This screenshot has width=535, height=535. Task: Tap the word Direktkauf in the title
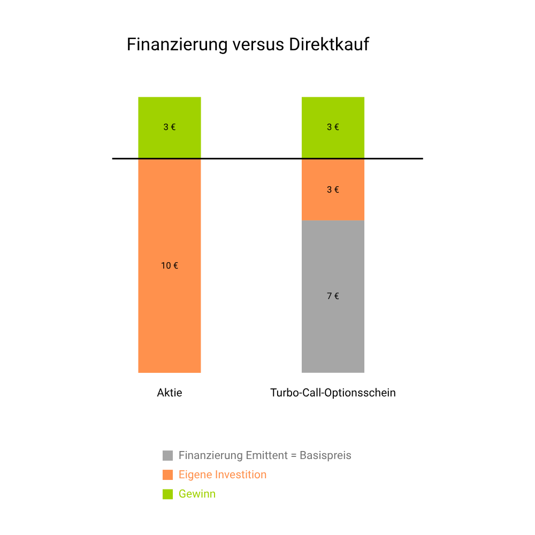[329, 44]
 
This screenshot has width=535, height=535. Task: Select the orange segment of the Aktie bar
[170, 310]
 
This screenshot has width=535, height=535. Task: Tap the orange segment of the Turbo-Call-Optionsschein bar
[333, 203]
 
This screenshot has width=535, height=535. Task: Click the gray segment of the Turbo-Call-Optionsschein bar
[333, 332]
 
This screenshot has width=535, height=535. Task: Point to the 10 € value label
[170, 265]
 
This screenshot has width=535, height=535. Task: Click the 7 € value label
[333, 296]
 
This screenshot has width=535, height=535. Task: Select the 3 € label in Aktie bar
[170, 127]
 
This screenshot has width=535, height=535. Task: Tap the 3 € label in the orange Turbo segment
[333, 189]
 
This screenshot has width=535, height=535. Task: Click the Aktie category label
[170, 393]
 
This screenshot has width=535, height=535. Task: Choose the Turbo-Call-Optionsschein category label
[333, 393]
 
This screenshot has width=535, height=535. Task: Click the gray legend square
[167, 456]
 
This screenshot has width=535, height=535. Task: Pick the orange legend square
[167, 475]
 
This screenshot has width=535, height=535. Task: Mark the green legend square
[167, 494]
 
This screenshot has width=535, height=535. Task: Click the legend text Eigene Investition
[223, 475]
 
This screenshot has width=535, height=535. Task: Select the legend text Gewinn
[197, 494]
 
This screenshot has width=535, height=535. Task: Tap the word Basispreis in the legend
[325, 456]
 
